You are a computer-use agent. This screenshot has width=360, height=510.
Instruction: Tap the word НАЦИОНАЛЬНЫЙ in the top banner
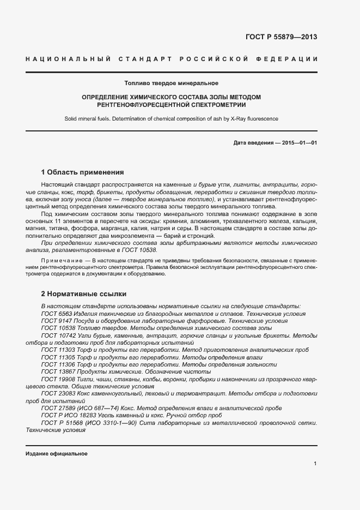point(69,59)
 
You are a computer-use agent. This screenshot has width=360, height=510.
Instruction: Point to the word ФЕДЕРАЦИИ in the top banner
point(292,59)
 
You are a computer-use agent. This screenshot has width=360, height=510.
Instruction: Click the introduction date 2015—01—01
point(300,143)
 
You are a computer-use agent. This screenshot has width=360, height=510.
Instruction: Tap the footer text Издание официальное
point(57,454)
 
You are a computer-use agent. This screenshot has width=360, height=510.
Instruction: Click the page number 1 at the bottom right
point(315,464)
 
